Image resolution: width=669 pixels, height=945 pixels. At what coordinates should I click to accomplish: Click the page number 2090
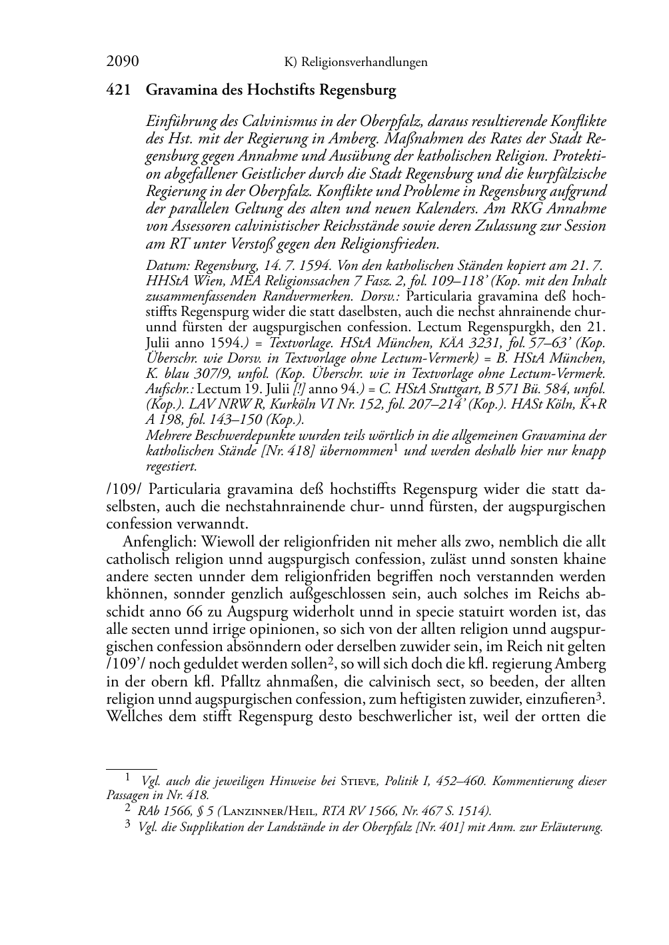(x=123, y=62)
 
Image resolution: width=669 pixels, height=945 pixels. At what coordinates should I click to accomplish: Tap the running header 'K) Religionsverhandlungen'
(x=356, y=63)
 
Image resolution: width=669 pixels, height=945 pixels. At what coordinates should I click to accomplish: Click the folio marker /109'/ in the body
(x=124, y=664)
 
